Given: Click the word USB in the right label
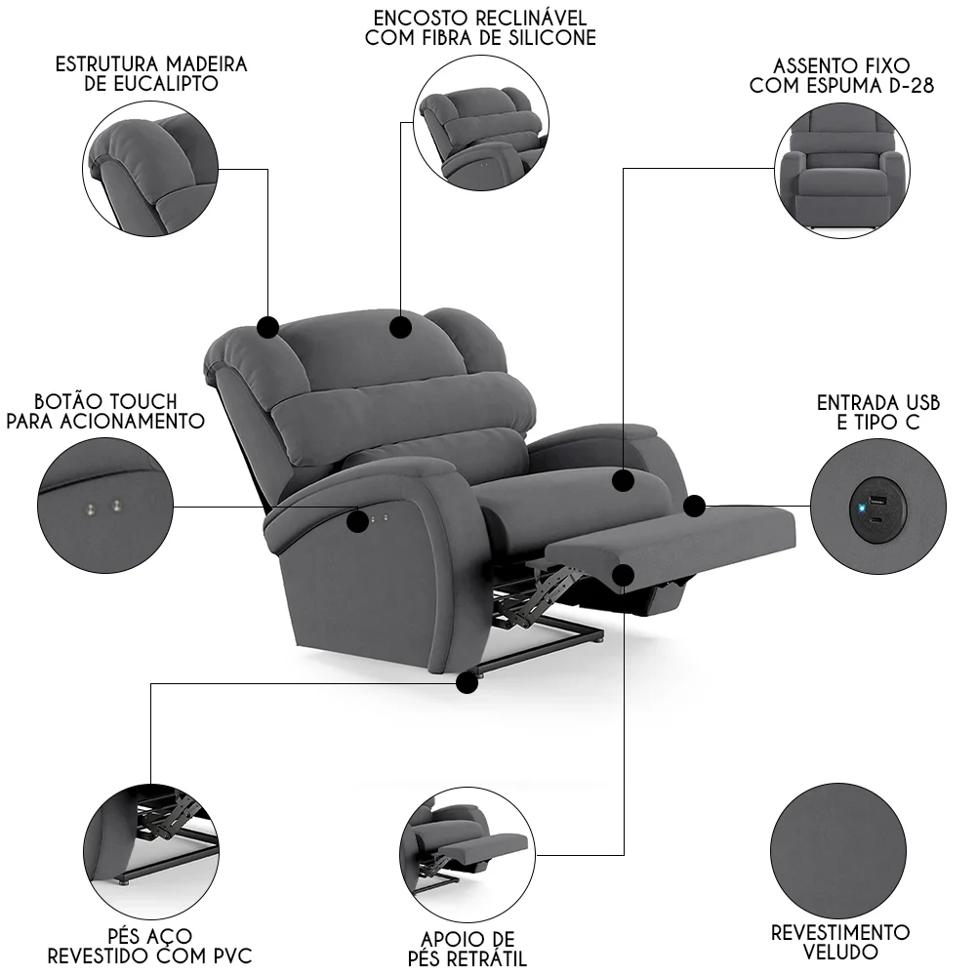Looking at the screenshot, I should pos(918,402).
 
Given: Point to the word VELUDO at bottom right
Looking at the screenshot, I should pos(840,952).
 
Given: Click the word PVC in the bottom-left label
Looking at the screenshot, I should pos(228,955).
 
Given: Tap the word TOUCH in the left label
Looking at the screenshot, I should pos(142,402).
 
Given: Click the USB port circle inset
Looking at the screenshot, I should pos(877,508).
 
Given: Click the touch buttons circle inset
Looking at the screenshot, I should pos(103,507).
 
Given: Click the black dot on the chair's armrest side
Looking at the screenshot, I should pos(359,521).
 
